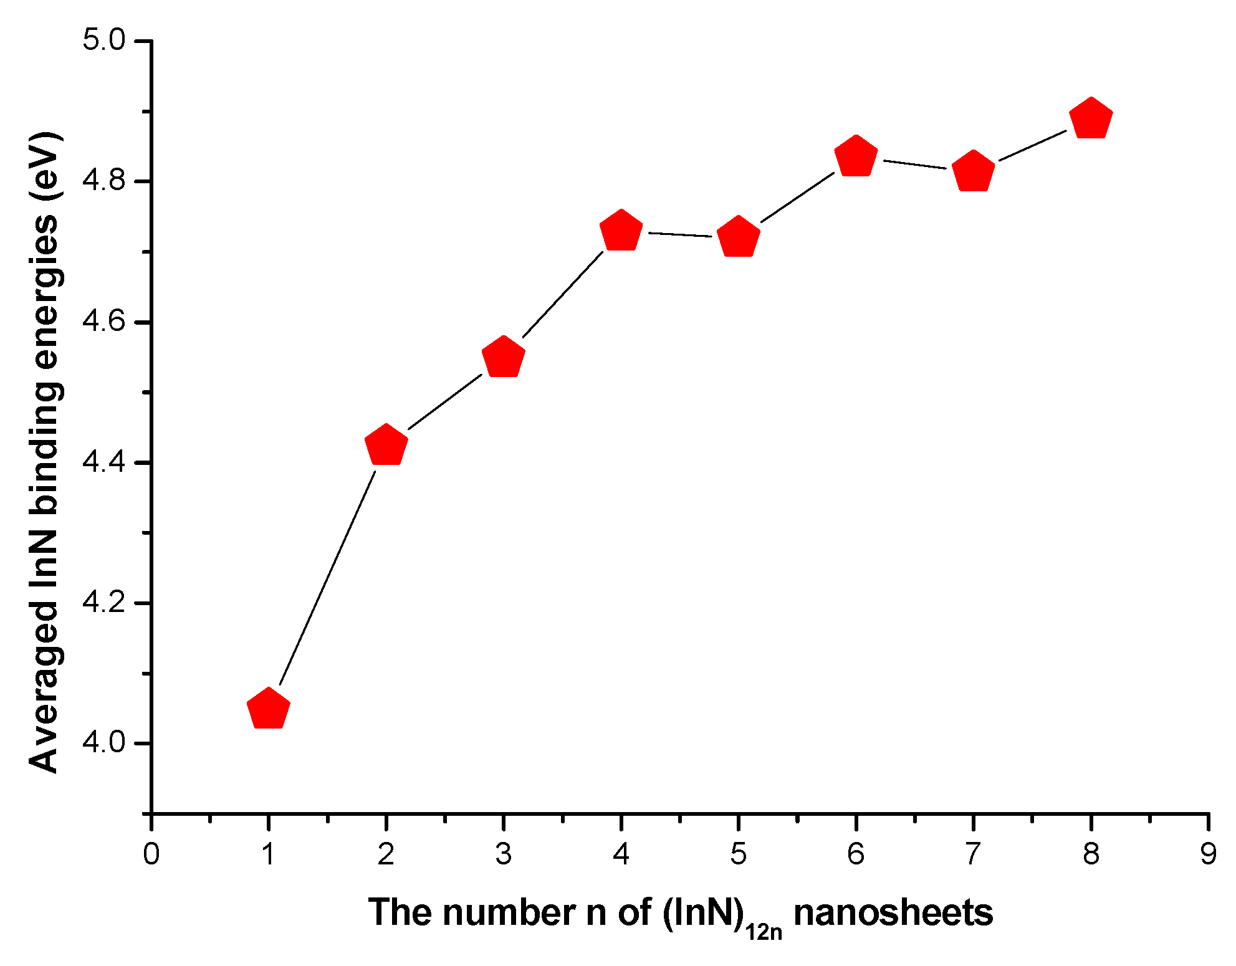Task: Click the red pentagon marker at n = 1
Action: (268, 709)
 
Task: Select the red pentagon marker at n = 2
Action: (386, 446)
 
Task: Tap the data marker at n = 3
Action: (503, 358)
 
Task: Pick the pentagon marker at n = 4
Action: (621, 231)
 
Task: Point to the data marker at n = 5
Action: (738, 237)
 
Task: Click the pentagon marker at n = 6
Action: (856, 156)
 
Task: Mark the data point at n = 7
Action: (973, 171)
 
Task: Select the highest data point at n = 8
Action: (1091, 118)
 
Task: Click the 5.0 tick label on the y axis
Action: (104, 41)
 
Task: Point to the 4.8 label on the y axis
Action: (104, 181)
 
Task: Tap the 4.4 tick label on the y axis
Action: (104, 462)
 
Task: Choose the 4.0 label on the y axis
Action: (104, 743)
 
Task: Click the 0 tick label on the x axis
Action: (151, 854)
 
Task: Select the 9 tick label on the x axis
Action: (1208, 854)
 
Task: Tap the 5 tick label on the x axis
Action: (738, 854)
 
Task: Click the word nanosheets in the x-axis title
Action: (893, 913)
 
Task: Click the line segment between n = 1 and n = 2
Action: (327, 578)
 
